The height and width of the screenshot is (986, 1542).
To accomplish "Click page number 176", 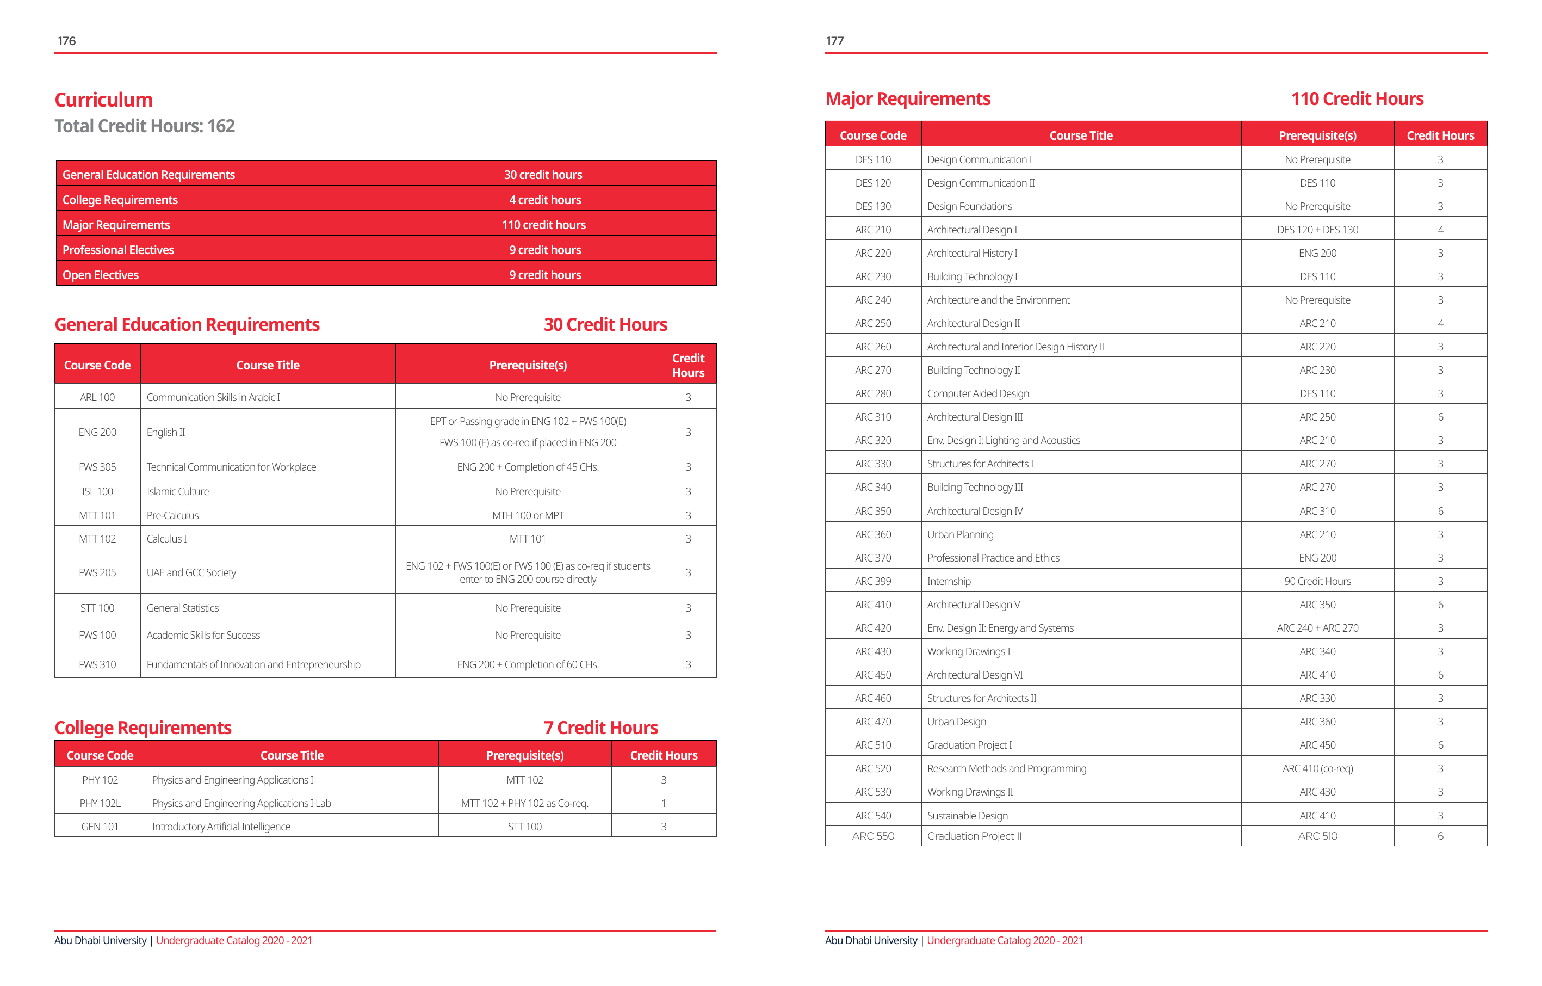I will [66, 41].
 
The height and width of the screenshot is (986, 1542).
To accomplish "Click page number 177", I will [834, 41].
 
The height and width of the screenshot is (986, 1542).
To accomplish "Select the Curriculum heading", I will [104, 100].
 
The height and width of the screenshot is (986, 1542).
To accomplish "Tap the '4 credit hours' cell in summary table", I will [545, 200].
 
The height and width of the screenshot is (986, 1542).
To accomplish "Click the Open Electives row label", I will [101, 275].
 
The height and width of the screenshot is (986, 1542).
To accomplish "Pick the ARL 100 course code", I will [97, 397].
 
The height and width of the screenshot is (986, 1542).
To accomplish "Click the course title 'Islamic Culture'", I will [177, 491].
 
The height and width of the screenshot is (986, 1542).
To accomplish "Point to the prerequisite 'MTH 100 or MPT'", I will [528, 515].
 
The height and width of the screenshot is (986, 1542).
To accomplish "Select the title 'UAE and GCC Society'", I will [191, 572].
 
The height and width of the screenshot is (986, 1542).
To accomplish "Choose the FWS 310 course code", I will [97, 664].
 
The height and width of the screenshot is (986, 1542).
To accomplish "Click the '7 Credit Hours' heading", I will [600, 728].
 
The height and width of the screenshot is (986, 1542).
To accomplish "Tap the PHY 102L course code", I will [100, 803].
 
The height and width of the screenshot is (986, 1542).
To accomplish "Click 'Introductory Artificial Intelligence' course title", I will [221, 827].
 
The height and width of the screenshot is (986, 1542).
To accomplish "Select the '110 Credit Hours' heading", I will [1357, 98].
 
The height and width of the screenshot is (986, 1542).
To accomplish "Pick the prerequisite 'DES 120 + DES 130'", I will [1317, 230].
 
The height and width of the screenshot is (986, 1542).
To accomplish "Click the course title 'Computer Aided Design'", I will [978, 393].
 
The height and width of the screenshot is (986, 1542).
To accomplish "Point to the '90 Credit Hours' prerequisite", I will [1317, 581].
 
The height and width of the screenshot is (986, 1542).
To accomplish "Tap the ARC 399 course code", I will [873, 581].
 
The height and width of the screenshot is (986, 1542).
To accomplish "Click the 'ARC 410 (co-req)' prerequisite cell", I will [1317, 768].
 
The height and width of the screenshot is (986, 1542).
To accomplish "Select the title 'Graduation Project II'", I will [974, 836].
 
